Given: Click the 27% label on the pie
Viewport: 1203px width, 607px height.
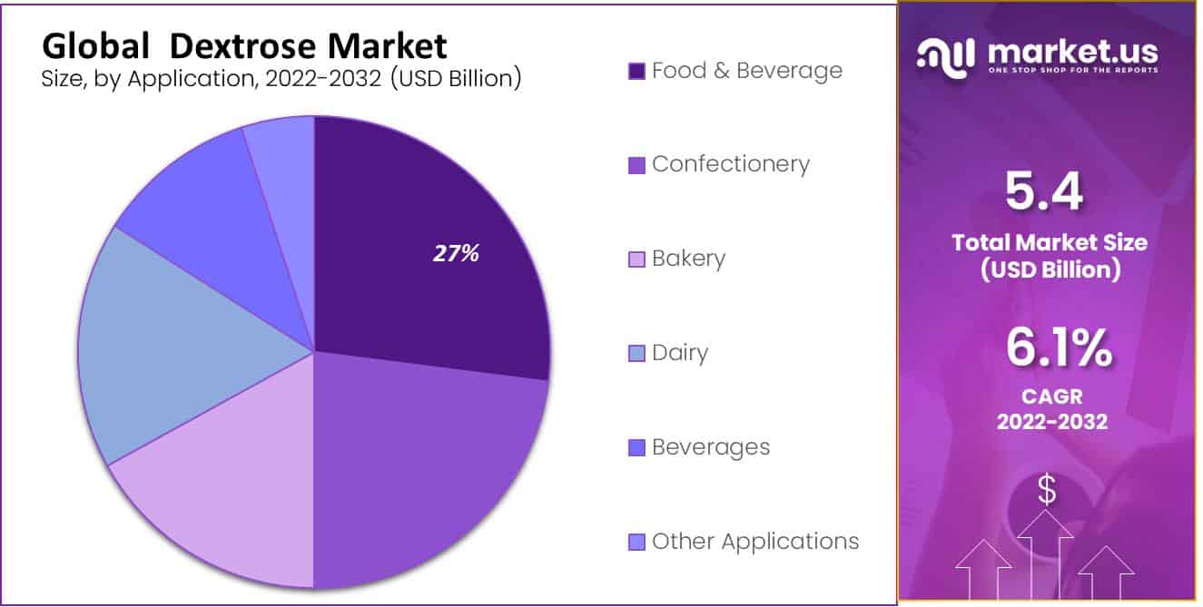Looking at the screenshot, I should click(x=456, y=254).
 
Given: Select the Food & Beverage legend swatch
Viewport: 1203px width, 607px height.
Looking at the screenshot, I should click(x=636, y=71).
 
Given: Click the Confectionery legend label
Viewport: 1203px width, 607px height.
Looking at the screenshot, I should click(x=730, y=164).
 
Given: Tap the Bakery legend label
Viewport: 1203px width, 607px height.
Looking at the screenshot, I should click(x=688, y=259).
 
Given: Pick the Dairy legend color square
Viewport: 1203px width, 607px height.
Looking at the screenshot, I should click(x=636, y=353).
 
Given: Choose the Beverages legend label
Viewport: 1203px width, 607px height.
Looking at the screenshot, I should click(x=710, y=447).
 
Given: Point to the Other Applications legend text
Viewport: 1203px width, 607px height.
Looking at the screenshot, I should click(x=754, y=542).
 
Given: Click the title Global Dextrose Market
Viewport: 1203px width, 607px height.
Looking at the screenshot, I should click(x=244, y=45).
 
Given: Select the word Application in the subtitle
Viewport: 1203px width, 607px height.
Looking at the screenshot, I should click(x=181, y=79).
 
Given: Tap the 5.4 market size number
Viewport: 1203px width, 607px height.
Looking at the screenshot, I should click(x=1044, y=192).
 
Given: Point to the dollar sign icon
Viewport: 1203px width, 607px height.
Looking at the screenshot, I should click(x=1047, y=491).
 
